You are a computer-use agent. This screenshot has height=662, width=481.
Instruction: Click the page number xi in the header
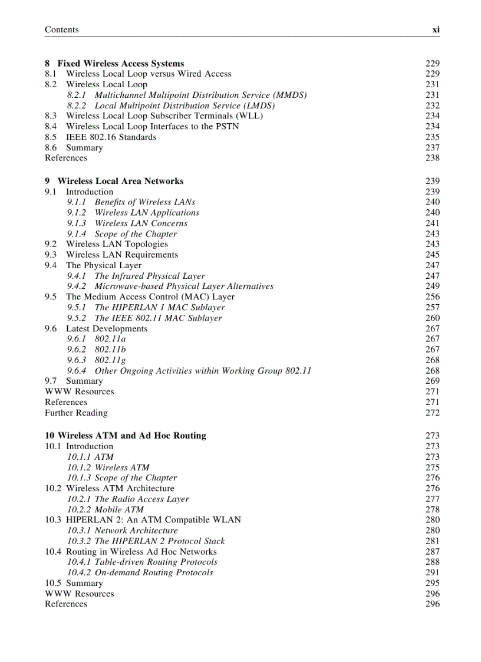click(436, 29)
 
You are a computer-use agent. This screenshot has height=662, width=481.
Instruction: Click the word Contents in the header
click(61, 29)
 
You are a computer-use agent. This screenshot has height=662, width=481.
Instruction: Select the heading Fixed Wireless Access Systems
click(121, 64)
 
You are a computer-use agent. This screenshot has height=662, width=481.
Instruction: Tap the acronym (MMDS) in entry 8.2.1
click(290, 95)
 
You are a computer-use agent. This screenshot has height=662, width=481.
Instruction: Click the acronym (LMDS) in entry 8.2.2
click(259, 106)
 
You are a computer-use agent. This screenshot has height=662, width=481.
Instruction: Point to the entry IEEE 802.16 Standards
click(111, 137)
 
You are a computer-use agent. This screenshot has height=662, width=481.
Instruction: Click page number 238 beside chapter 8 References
click(432, 158)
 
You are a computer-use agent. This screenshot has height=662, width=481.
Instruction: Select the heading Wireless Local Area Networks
click(120, 182)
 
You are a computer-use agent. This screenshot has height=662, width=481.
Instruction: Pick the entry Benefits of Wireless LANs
click(144, 202)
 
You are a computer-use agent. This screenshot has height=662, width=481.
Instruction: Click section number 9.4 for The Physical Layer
click(51, 265)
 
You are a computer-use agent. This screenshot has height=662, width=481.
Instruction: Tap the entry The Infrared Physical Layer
click(150, 276)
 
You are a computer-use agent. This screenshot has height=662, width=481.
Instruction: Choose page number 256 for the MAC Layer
click(432, 297)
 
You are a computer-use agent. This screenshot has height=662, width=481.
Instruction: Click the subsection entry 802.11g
click(110, 360)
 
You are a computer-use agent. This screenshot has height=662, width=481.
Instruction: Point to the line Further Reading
click(76, 413)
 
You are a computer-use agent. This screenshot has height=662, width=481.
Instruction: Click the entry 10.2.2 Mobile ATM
click(105, 510)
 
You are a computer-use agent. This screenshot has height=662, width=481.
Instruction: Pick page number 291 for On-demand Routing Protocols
click(432, 573)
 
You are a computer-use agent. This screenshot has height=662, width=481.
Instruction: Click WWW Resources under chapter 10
click(79, 594)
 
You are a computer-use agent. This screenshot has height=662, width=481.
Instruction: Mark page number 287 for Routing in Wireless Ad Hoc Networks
click(432, 552)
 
